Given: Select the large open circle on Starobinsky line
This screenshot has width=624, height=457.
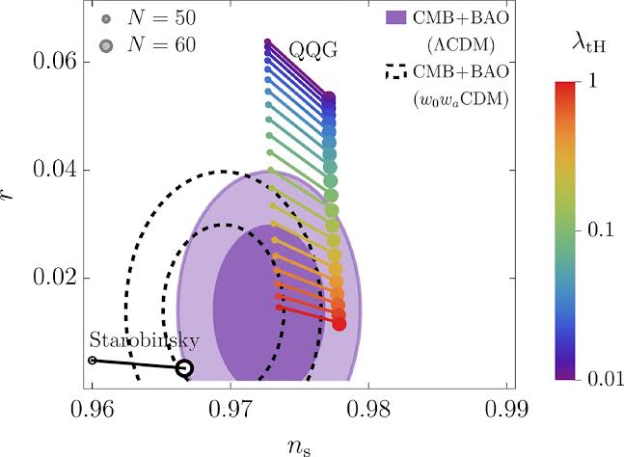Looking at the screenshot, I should pos(184,367).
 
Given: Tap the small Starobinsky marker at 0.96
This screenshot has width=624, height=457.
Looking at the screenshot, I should pos(93,360).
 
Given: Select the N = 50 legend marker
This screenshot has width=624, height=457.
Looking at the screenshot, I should pos(103,19).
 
